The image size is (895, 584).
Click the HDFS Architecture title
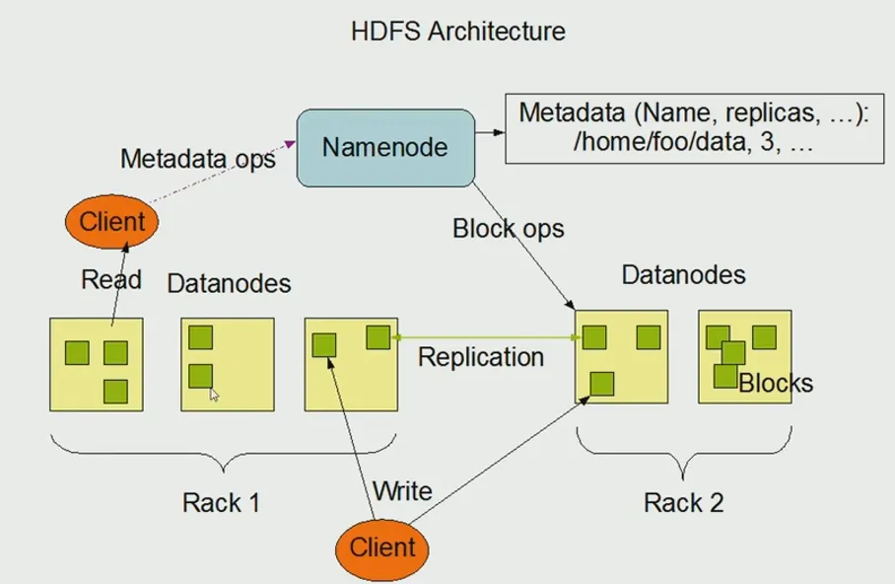click(x=458, y=31)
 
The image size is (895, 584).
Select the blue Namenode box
click(x=383, y=148)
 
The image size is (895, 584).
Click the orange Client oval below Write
click(x=382, y=546)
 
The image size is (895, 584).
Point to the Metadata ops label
click(x=197, y=159)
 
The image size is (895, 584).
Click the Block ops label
click(x=508, y=229)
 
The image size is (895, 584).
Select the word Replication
click(x=480, y=356)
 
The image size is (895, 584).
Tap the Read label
click(x=110, y=279)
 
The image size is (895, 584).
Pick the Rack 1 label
click(x=221, y=502)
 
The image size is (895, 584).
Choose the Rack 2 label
click(x=683, y=502)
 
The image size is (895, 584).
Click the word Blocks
click(x=776, y=383)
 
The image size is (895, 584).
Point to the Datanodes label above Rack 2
click(x=683, y=274)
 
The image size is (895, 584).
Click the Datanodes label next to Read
click(x=229, y=284)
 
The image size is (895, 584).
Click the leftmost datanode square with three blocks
click(x=97, y=364)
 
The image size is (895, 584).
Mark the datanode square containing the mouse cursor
click(x=227, y=364)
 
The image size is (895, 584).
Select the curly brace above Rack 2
click(x=683, y=450)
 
